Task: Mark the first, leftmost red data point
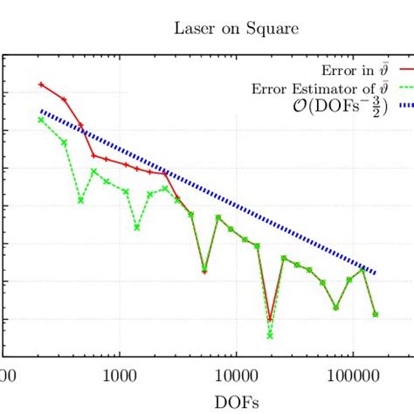pos(41,85)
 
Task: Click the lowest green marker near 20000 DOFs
pos(270,335)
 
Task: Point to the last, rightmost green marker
pos(376,314)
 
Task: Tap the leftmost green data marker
pos(41,120)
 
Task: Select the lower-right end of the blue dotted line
pos(376,273)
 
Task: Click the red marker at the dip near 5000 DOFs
pos(204,272)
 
